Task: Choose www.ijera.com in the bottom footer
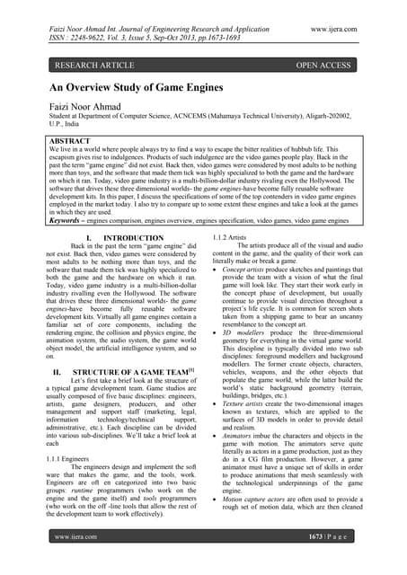[76, 562]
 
